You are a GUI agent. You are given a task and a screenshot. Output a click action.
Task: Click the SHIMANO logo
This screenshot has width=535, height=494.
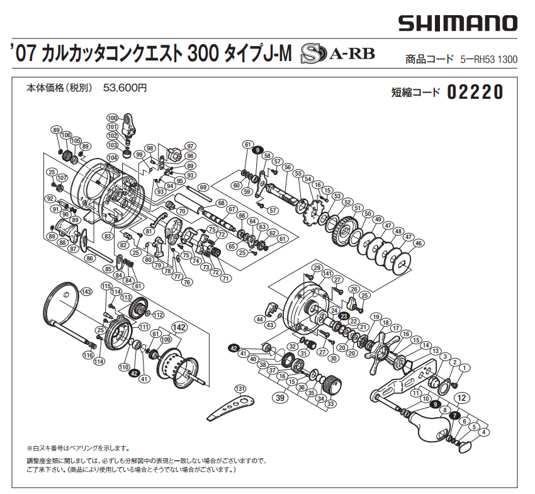click(457, 24)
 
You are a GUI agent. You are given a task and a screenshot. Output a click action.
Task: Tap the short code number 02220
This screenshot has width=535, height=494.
click(475, 93)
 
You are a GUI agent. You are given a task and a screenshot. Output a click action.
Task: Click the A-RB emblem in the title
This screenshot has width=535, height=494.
click(337, 54)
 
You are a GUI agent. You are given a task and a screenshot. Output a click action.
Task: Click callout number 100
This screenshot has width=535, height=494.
click(113, 118)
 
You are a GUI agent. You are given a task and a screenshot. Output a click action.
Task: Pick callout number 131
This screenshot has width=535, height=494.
click(240, 388)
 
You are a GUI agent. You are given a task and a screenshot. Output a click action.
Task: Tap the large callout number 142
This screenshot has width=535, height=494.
click(180, 327)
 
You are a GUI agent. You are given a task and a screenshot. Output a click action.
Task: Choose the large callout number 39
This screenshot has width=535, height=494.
click(280, 398)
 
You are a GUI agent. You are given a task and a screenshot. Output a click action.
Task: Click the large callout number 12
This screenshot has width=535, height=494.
click(461, 398)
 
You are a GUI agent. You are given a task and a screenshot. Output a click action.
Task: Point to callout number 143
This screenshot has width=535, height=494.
click(86, 291)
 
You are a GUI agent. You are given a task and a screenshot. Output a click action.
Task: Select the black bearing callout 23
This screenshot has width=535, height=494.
click(344, 316)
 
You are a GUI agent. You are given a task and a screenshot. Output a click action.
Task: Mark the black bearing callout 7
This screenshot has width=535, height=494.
click(454, 415)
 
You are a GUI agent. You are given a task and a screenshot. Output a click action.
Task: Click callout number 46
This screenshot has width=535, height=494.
click(418, 243)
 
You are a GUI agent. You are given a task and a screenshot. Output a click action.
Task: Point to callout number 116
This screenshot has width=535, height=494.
click(88, 356)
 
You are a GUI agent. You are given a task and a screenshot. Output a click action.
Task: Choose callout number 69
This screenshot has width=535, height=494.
click(203, 187)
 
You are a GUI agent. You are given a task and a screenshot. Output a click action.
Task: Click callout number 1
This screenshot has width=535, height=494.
click(465, 368)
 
